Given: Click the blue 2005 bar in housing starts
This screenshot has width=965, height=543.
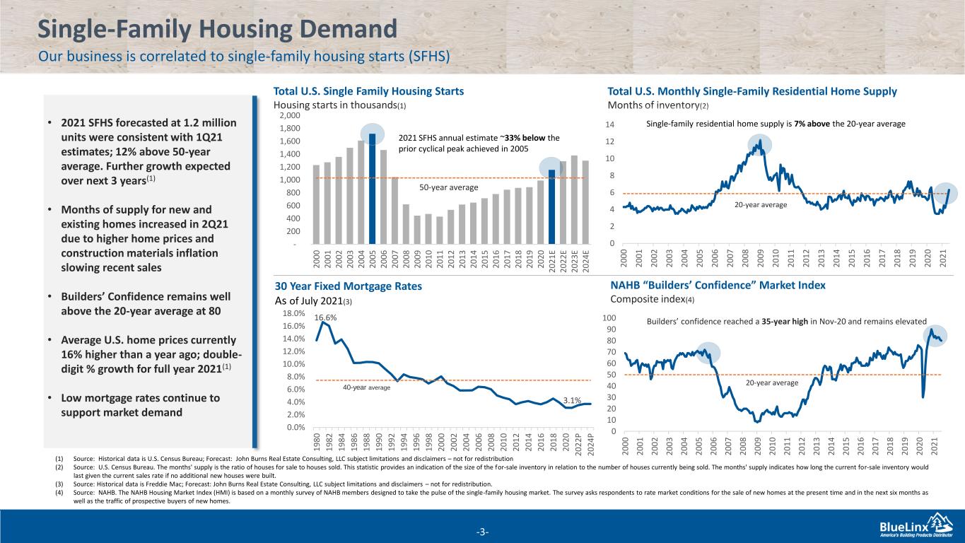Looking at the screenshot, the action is [372, 189].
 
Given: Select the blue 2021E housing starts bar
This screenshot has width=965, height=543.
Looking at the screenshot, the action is [551, 207].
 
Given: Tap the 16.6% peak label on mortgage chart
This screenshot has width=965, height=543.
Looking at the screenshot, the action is [325, 317].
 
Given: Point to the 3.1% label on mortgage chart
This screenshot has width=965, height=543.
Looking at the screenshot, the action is [572, 400].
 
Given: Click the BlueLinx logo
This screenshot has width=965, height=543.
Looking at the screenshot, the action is [916, 526].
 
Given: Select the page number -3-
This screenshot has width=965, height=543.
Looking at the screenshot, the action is [482, 532].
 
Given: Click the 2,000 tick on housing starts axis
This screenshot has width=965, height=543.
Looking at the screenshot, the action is [290, 115].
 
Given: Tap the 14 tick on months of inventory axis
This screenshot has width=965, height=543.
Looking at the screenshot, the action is [610, 124].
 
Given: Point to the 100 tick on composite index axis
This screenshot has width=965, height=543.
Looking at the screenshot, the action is [609, 318].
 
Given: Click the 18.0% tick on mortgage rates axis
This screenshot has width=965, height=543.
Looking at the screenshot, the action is [294, 313].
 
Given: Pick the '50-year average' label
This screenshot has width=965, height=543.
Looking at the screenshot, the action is [448, 187].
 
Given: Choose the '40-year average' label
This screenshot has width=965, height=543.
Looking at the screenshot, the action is [366, 387].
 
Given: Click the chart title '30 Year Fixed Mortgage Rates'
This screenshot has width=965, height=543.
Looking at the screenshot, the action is [349, 286].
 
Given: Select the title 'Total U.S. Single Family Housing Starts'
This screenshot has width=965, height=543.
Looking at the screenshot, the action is [369, 91].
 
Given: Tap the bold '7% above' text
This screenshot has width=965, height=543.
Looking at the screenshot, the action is [812, 124].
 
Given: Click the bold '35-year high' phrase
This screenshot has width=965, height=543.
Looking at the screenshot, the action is [785, 322].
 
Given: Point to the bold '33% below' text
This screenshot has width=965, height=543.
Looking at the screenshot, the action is [523, 138].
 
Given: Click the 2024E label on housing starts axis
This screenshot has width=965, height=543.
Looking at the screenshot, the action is [585, 260].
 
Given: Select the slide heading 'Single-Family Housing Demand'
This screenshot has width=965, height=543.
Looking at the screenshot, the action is [218, 29].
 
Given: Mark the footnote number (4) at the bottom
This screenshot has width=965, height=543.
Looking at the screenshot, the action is [59, 492].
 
